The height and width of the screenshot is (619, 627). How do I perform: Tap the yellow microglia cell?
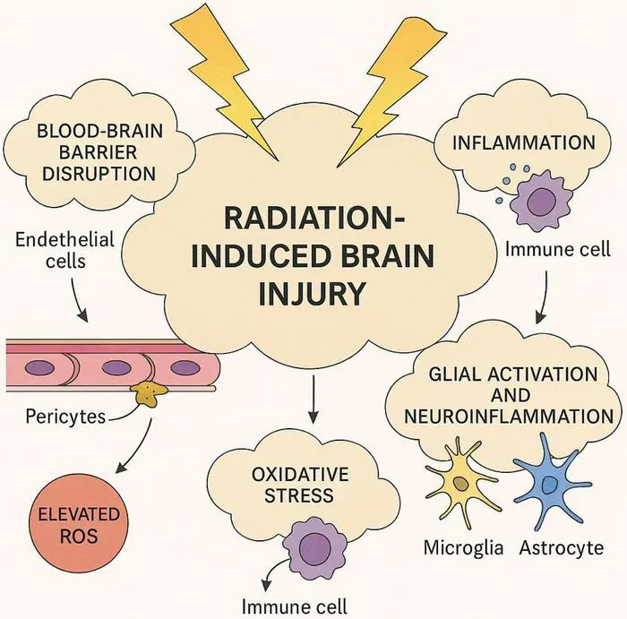click(462, 483)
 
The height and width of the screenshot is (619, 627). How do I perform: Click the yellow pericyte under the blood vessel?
click(148, 393)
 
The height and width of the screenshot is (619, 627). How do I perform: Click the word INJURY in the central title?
click(313, 293)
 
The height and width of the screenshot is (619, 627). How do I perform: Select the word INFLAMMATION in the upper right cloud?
click(524, 142)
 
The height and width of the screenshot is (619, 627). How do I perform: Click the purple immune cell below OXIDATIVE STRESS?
click(314, 546)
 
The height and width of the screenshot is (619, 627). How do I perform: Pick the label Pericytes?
click(65, 417)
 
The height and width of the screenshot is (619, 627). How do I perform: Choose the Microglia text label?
click(463, 547)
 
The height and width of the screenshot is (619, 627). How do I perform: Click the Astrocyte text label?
click(562, 548)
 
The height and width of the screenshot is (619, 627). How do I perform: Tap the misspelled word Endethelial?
click(64, 239)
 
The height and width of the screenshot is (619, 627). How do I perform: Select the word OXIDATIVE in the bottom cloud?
click(300, 475)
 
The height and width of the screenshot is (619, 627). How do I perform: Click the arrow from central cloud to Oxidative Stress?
click(313, 399)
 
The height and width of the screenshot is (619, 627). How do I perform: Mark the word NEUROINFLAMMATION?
click(509, 417)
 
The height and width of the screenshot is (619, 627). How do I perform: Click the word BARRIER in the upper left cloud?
click(98, 152)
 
